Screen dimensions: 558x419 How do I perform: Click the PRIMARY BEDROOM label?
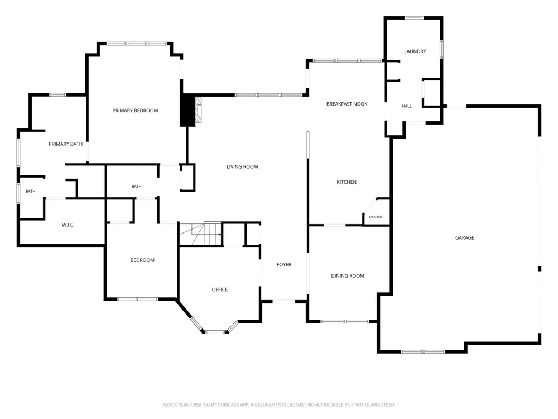click(135, 111)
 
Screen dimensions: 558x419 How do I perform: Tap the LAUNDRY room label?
click(415, 51)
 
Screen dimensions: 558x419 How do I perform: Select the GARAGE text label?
click(465, 237)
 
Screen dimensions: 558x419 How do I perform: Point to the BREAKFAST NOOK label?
click(347, 104)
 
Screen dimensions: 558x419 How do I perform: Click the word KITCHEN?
click(347, 182)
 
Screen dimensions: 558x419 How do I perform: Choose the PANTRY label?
click(376, 217)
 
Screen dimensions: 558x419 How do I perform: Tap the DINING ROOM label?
click(348, 276)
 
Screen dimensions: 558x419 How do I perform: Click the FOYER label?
click(284, 264)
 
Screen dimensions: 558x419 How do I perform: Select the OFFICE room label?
click(220, 289)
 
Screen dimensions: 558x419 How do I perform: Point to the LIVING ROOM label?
click(242, 166)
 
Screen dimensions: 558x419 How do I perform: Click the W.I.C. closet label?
click(68, 225)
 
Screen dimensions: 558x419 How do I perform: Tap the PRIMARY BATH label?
click(65, 144)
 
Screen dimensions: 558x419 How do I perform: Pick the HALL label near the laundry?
click(407, 106)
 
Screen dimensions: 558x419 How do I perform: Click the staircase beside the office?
click(200, 234)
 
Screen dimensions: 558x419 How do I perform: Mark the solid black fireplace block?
click(187, 110)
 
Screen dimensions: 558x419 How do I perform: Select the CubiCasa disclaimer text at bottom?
click(279, 404)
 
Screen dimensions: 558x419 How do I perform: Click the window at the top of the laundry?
click(414, 18)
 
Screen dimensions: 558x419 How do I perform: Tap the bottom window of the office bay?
click(215, 332)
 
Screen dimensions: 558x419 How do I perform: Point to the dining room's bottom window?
click(345, 321)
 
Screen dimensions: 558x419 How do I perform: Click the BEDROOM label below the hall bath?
click(142, 260)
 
